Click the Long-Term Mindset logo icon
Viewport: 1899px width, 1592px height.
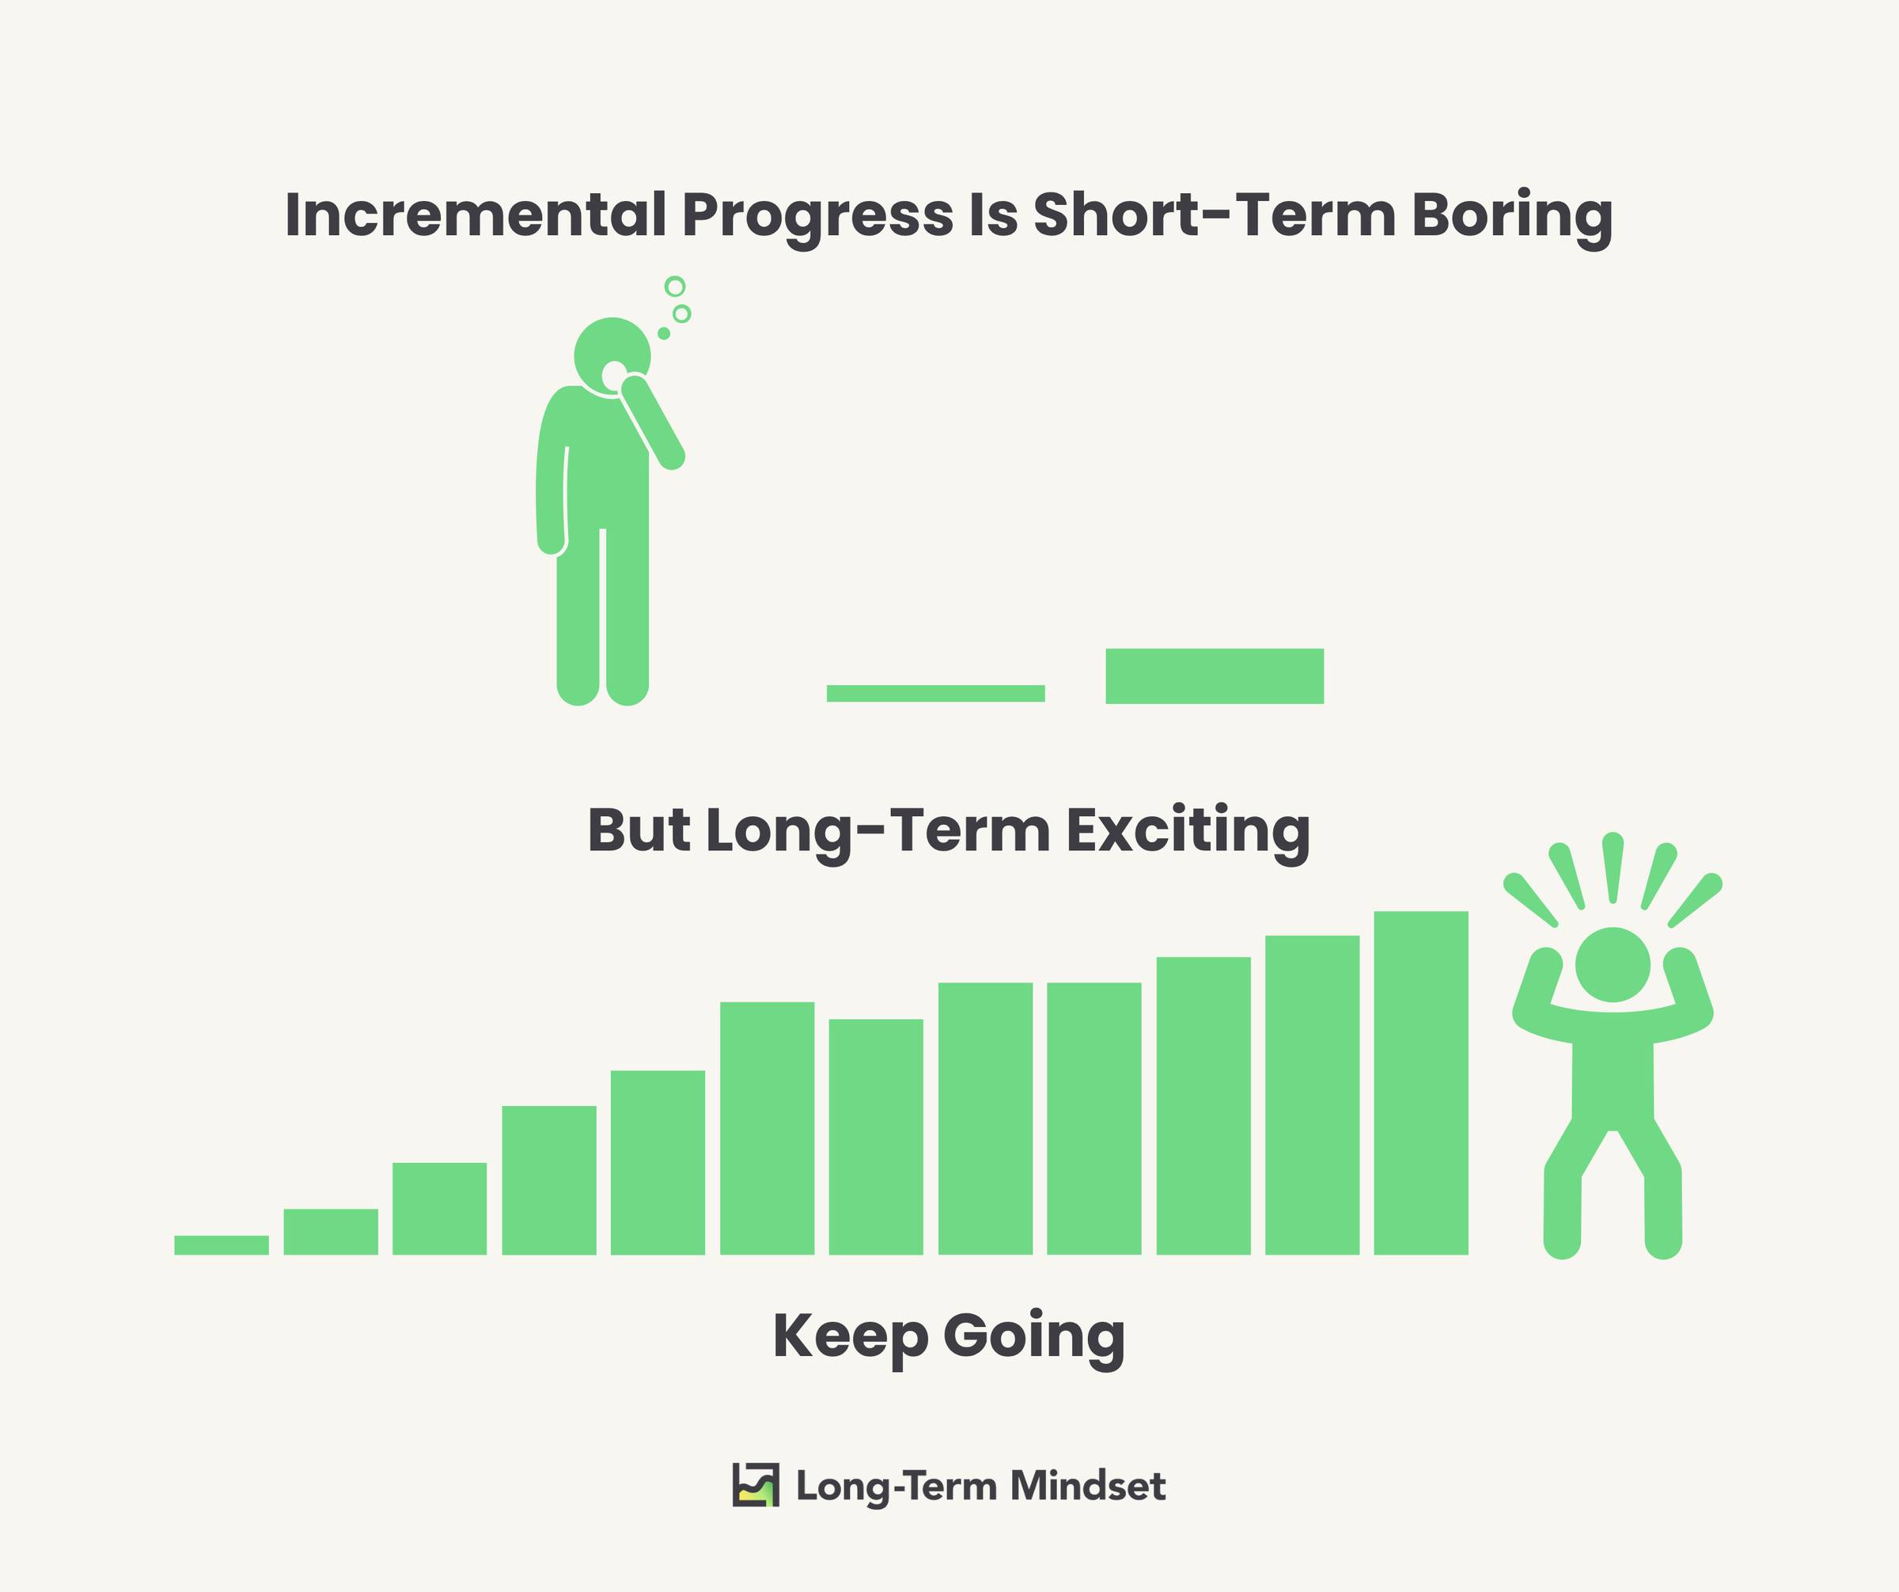click(x=755, y=1484)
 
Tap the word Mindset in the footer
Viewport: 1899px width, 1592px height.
click(x=1088, y=1485)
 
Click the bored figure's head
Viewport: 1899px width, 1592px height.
click(x=612, y=355)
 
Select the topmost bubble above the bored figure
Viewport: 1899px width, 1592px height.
click(x=675, y=287)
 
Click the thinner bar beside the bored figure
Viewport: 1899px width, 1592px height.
click(x=936, y=693)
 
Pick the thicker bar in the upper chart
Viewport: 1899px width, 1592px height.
click(x=1215, y=676)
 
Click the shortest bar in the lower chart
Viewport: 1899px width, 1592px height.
click(x=222, y=1244)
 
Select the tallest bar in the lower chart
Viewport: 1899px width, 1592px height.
click(x=1420, y=1083)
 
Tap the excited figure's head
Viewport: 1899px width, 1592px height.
click(x=1613, y=964)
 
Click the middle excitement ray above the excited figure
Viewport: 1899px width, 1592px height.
click(x=1613, y=868)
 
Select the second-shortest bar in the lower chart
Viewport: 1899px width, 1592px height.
click(x=331, y=1231)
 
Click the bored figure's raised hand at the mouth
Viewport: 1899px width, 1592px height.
click(x=635, y=388)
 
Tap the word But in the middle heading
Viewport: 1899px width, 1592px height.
click(x=639, y=830)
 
